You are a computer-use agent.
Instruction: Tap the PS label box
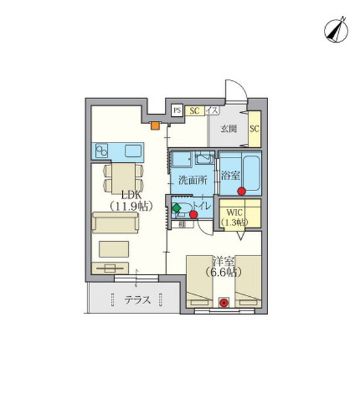tap(177, 111)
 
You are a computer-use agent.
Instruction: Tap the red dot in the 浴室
tap(241, 191)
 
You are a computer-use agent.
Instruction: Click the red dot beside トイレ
tap(193, 213)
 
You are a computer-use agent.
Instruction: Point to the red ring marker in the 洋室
tap(225, 303)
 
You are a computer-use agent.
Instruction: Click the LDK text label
tap(122, 194)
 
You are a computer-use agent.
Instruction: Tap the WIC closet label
tap(235, 211)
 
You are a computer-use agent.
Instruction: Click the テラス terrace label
tap(138, 301)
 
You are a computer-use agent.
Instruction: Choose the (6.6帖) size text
tap(223, 271)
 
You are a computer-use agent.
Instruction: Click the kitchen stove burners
tap(102, 151)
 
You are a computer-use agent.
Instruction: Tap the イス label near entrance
tap(212, 111)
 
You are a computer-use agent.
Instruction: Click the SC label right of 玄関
tap(254, 128)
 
